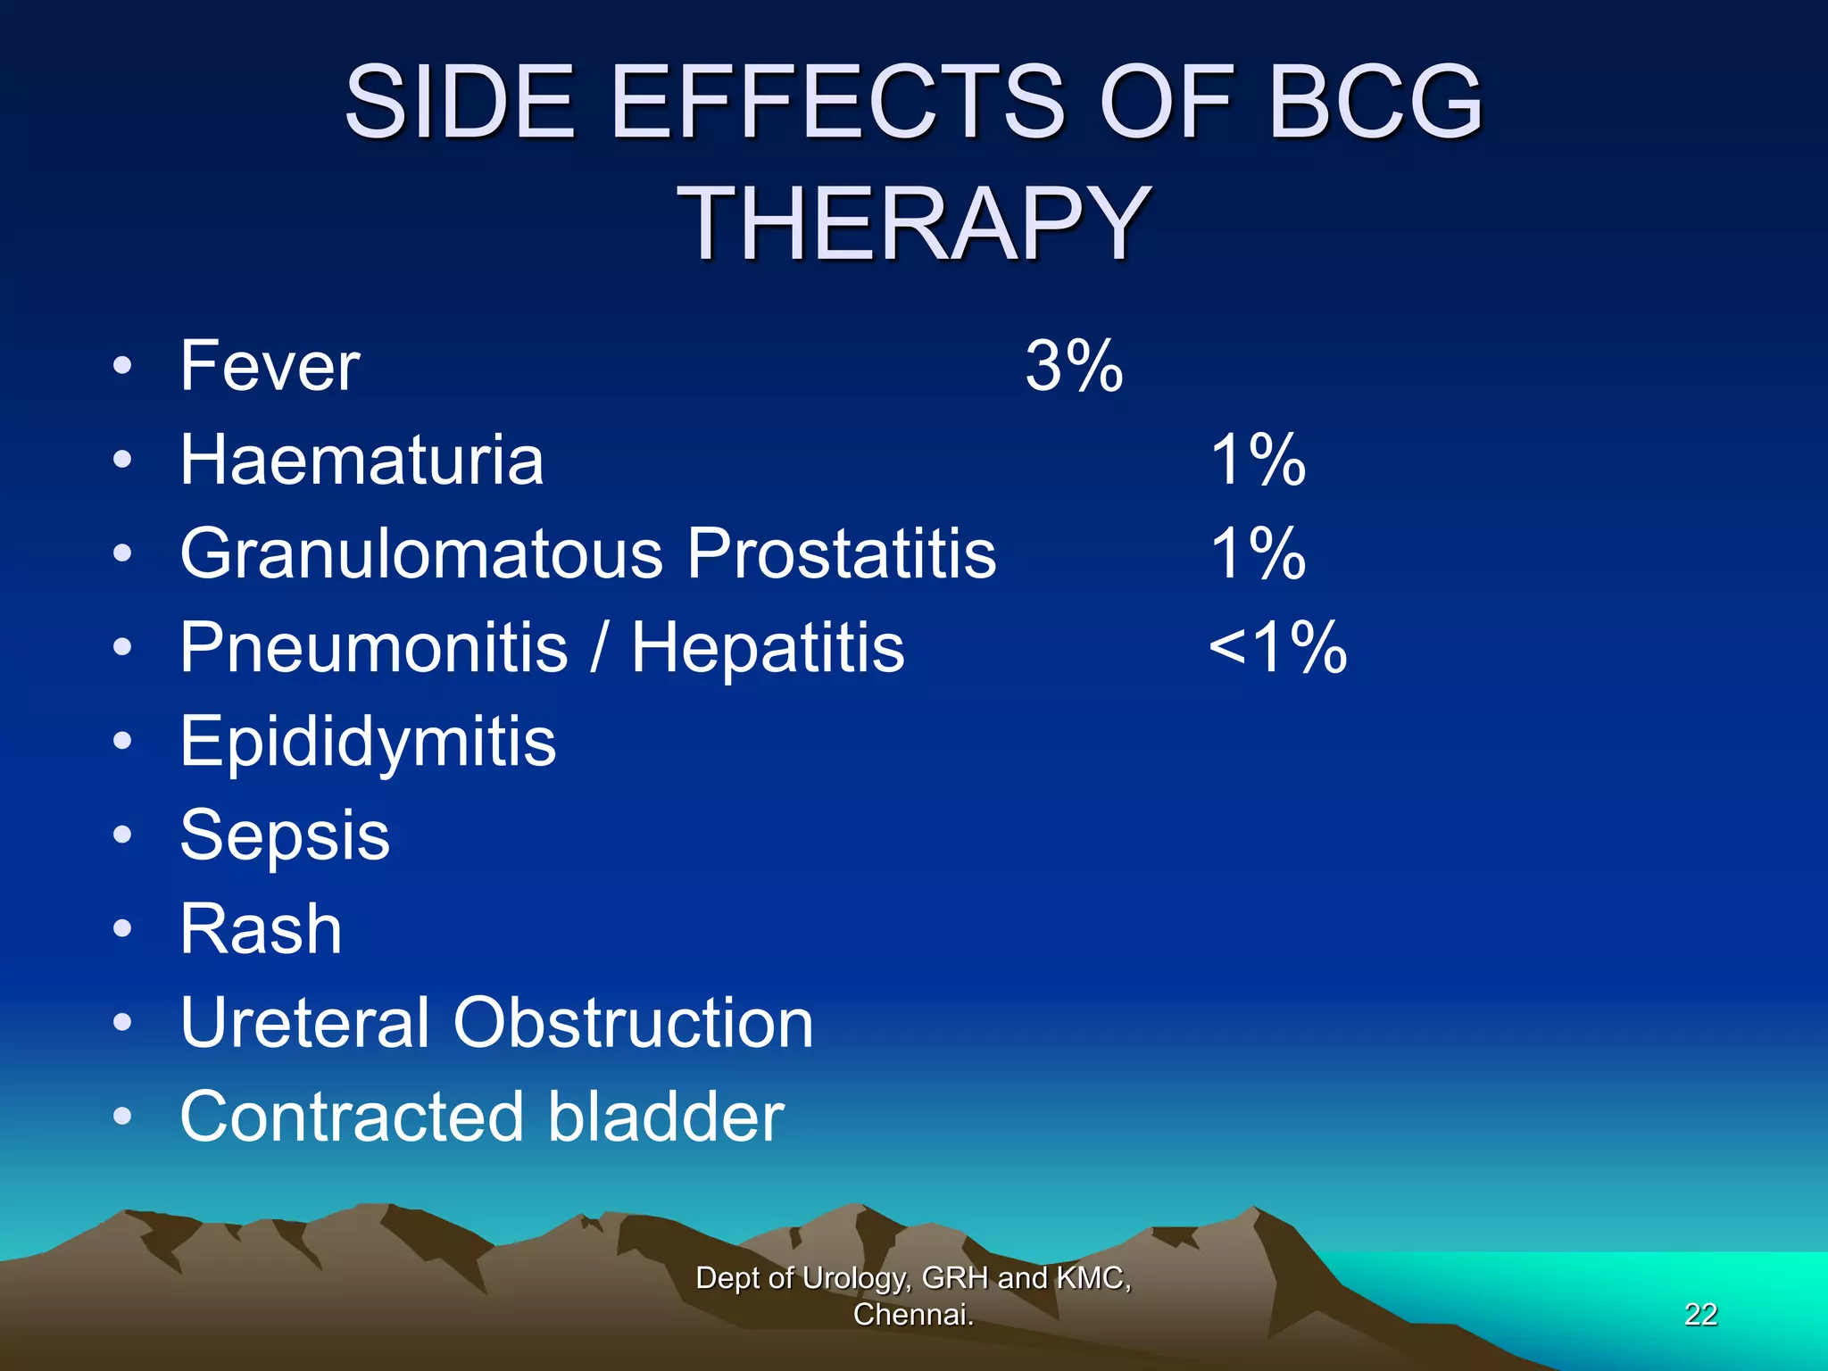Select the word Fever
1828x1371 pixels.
(270, 366)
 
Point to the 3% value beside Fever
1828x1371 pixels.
(1074, 366)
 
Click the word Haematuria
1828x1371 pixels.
(361, 460)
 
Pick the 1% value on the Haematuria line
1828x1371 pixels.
(1258, 460)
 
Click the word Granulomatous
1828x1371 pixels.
(421, 553)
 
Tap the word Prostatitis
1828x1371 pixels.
(841, 553)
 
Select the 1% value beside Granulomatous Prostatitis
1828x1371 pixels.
(1258, 553)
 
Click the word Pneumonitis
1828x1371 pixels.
(373, 647)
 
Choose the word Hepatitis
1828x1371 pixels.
(768, 647)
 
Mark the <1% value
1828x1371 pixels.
(1277, 647)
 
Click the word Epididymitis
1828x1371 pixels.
(368, 742)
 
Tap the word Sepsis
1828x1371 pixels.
(285, 835)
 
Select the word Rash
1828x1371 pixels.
(261, 929)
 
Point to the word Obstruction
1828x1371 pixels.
(633, 1023)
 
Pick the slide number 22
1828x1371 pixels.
(1700, 1314)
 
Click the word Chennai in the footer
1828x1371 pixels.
(911, 1315)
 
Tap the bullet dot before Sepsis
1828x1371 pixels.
(123, 835)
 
